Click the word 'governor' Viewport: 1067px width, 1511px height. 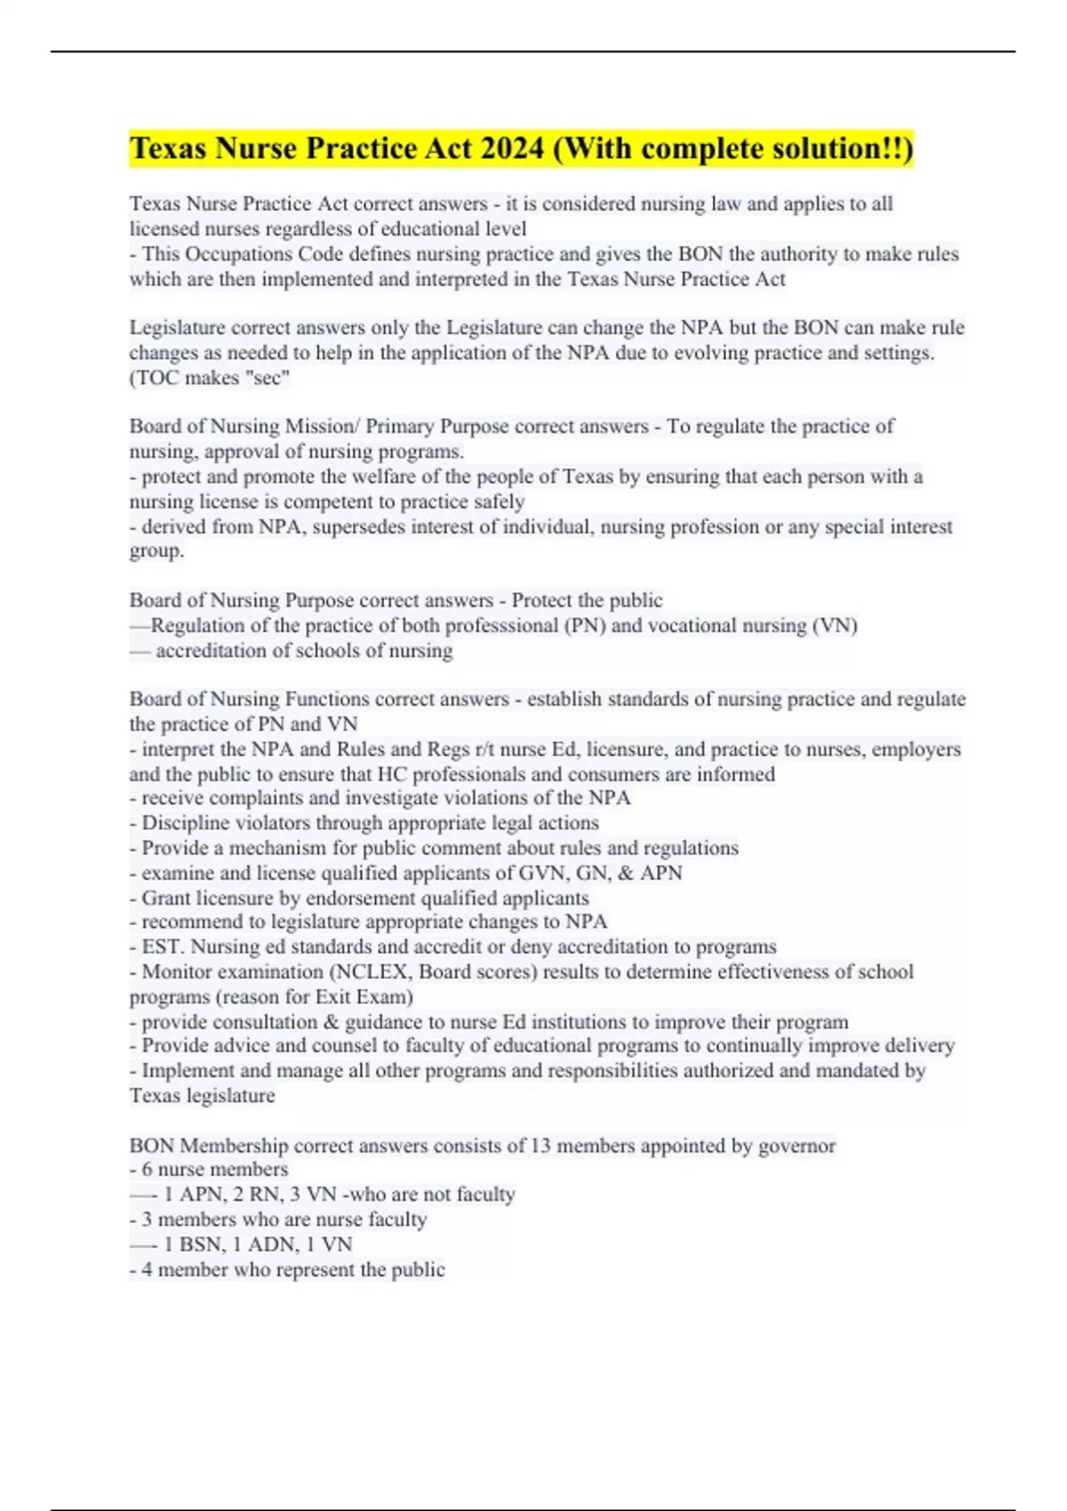[797, 1147]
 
